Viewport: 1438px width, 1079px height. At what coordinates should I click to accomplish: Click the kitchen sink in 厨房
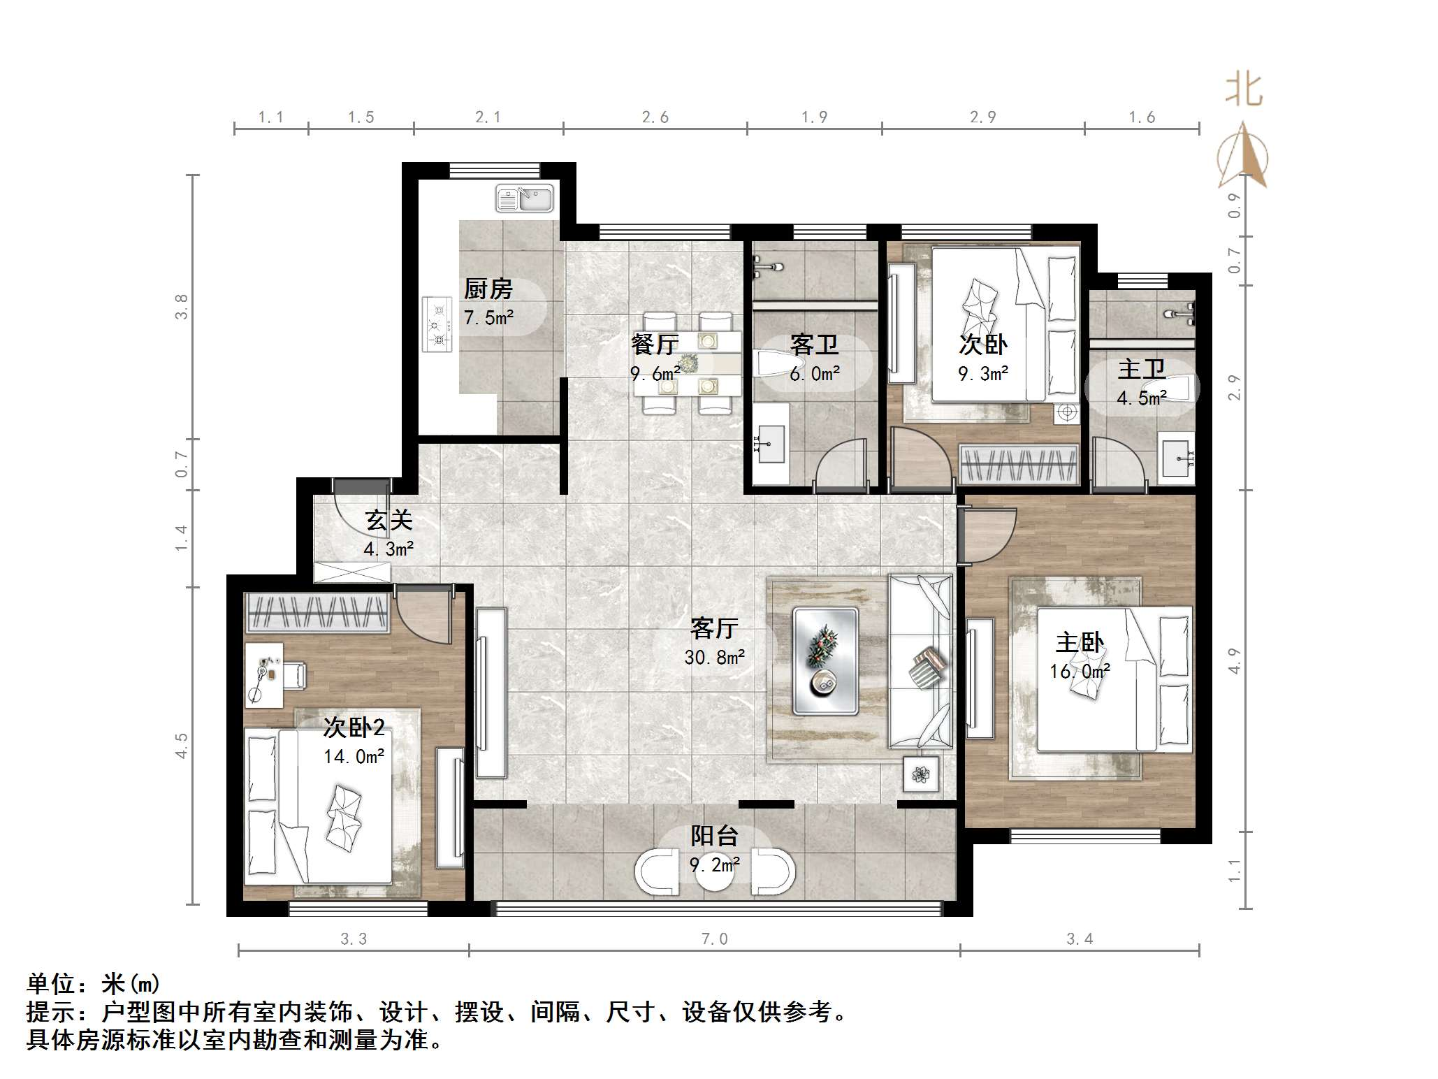point(524,198)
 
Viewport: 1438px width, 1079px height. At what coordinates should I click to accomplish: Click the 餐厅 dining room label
point(655,345)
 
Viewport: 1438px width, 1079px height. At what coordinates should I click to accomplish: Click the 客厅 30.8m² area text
point(714,657)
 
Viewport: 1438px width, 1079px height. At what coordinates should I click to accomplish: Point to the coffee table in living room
point(825,661)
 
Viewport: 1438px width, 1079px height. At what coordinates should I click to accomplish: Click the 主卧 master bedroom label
point(1080,642)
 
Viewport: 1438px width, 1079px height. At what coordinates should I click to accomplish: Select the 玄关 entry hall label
point(388,520)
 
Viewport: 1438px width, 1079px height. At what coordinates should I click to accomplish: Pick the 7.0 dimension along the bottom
point(714,939)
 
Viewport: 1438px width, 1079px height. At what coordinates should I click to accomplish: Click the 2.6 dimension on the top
point(655,117)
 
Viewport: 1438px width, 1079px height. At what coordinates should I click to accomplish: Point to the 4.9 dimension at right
point(1234,661)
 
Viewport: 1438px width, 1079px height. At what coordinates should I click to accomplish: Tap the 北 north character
point(1244,91)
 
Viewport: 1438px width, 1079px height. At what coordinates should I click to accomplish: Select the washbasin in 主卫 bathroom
point(1176,458)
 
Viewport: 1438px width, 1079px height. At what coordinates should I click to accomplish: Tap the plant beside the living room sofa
point(920,774)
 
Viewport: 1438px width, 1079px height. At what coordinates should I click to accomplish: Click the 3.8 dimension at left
point(182,307)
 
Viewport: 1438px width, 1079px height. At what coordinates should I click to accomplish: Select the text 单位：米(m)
point(94,984)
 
